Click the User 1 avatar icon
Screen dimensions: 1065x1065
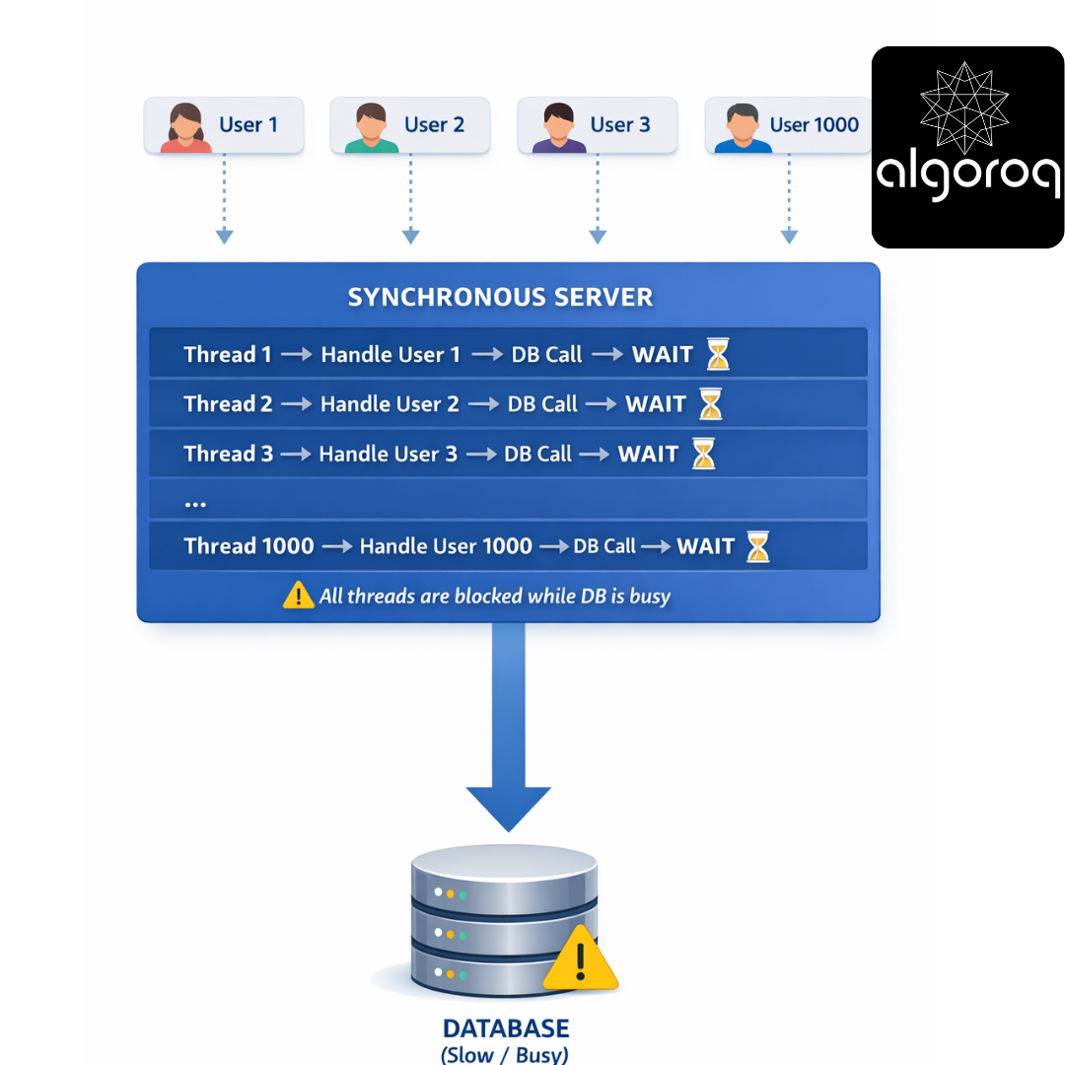(185, 127)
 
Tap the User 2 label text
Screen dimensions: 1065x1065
(434, 125)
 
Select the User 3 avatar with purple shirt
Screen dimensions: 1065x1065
(558, 127)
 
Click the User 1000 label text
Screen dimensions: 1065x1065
(814, 125)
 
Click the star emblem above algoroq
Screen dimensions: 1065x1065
(964, 107)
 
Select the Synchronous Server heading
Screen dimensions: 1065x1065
(501, 298)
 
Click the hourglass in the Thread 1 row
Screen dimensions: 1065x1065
(718, 354)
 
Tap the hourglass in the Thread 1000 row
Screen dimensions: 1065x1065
(758, 546)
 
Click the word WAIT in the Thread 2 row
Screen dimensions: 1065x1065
(656, 404)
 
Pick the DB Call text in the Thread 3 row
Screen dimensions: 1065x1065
(538, 454)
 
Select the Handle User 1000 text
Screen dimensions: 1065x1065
(446, 546)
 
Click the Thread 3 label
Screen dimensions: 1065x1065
(228, 454)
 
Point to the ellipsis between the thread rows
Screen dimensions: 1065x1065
(195, 505)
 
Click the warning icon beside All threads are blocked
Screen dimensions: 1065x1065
(298, 595)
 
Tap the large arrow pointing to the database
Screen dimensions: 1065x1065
(508, 727)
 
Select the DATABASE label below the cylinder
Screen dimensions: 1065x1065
(506, 1029)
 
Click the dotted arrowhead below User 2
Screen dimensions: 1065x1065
(411, 237)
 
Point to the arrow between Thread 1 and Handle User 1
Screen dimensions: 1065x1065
(296, 355)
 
